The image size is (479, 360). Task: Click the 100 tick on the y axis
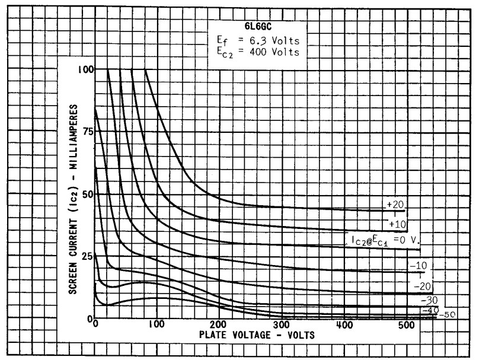(85, 69)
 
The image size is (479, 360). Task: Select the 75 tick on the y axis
(88, 132)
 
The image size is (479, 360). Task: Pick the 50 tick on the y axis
(88, 194)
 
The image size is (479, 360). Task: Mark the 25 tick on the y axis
(88, 256)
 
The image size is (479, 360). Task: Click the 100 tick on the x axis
(157, 324)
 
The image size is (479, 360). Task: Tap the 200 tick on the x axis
(219, 324)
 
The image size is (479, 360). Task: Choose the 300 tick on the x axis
(282, 324)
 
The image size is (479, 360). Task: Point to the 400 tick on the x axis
(344, 324)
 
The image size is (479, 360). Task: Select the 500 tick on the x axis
(406, 324)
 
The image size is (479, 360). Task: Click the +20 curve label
(394, 205)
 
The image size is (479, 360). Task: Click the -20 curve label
(422, 285)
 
